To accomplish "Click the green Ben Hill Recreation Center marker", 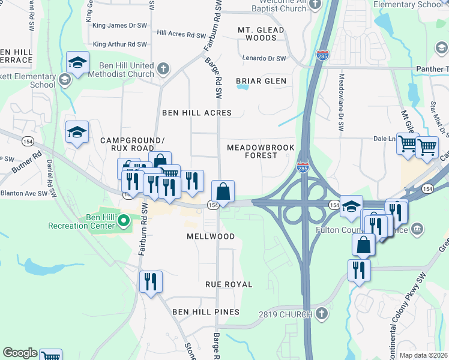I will click(x=124, y=221).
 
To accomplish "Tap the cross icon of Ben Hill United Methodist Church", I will click(x=163, y=68).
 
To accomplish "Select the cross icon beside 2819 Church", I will click(x=322, y=314).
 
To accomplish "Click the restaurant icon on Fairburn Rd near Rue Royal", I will click(x=150, y=281).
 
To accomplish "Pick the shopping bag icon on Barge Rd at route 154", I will click(x=223, y=192).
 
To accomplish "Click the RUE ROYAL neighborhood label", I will click(x=229, y=284).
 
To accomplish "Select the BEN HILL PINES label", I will click(x=206, y=312).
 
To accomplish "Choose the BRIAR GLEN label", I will click(x=261, y=80).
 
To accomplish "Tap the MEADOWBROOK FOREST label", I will click(x=252, y=151).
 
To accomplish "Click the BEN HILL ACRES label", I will click(x=197, y=113).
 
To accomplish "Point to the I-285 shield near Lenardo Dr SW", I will click(x=322, y=55).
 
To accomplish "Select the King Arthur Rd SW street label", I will click(x=120, y=44).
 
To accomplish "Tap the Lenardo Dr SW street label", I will click(x=264, y=58).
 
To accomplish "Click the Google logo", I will click(x=20, y=353).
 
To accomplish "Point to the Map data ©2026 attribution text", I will click(x=422, y=355).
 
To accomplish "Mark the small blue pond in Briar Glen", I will click(x=242, y=86).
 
